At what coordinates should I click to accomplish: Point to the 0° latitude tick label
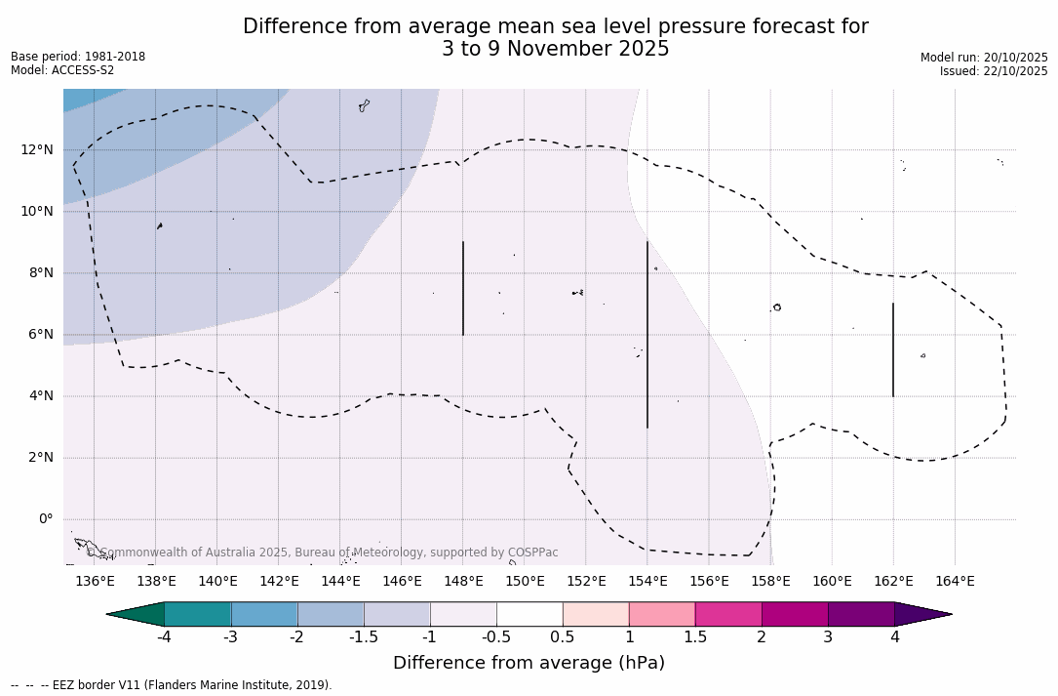(46, 519)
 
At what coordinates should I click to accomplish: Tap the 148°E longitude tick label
(463, 582)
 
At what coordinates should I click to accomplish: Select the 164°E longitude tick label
(955, 582)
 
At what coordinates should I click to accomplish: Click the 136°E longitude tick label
(95, 582)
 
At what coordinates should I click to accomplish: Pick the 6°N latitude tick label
(39, 334)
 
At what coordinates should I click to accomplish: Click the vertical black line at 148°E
(463, 288)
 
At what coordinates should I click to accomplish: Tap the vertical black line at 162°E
(893, 349)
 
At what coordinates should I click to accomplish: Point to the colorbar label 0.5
(563, 637)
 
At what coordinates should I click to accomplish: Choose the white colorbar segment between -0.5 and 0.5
(529, 614)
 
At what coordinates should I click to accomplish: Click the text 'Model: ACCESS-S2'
(62, 70)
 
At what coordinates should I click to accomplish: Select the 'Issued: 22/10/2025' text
(994, 71)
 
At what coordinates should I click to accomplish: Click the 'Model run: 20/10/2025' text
(984, 58)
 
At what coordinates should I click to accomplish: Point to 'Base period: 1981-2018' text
(78, 57)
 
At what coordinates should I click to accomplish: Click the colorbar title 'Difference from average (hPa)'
(529, 664)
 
